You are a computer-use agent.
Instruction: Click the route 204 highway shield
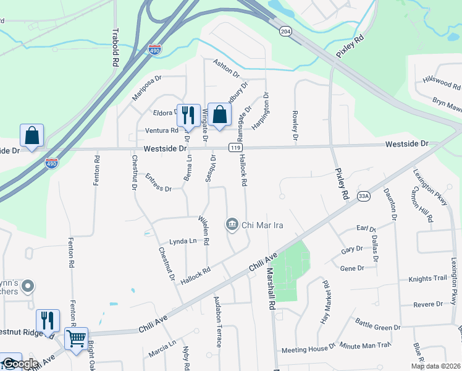(x=285, y=30)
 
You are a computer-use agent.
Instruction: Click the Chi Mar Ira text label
(x=262, y=225)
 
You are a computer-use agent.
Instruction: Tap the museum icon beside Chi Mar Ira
(x=232, y=224)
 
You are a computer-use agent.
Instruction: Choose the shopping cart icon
(x=76, y=338)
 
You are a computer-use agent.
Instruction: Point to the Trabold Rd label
(x=115, y=48)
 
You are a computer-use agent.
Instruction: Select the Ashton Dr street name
(x=226, y=69)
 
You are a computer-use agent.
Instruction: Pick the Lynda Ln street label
(x=182, y=242)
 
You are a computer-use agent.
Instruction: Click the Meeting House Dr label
(x=304, y=350)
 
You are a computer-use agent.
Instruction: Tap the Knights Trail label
(x=427, y=279)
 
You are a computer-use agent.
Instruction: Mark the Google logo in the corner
(x=20, y=364)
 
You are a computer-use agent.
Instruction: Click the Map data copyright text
(x=435, y=366)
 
